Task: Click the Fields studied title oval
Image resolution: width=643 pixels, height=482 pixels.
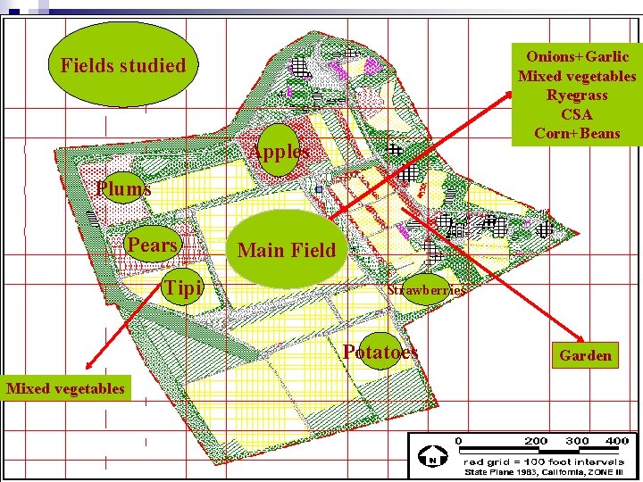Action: (x=122, y=66)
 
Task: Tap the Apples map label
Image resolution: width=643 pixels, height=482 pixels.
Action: (x=280, y=152)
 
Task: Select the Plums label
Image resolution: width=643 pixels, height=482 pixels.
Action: (x=124, y=188)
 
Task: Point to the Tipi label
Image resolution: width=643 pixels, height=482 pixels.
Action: (x=183, y=288)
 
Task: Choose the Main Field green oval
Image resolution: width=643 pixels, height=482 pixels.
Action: (x=287, y=249)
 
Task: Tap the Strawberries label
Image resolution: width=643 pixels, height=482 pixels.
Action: (x=426, y=289)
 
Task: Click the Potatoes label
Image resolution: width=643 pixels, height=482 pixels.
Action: (x=380, y=352)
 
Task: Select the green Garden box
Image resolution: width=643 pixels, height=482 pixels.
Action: (x=586, y=355)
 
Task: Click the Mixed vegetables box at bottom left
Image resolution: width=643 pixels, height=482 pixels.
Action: (x=65, y=387)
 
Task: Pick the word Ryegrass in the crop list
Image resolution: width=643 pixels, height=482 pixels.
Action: (x=577, y=96)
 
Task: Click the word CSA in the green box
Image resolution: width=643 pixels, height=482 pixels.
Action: (x=577, y=114)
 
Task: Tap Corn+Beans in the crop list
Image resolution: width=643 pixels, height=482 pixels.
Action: (x=577, y=134)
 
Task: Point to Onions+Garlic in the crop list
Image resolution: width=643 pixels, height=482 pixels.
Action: (x=577, y=56)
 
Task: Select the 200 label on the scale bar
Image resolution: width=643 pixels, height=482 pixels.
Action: (x=536, y=441)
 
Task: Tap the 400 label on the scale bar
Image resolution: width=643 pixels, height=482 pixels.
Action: (x=616, y=441)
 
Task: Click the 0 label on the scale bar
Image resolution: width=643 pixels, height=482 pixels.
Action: (x=458, y=441)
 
